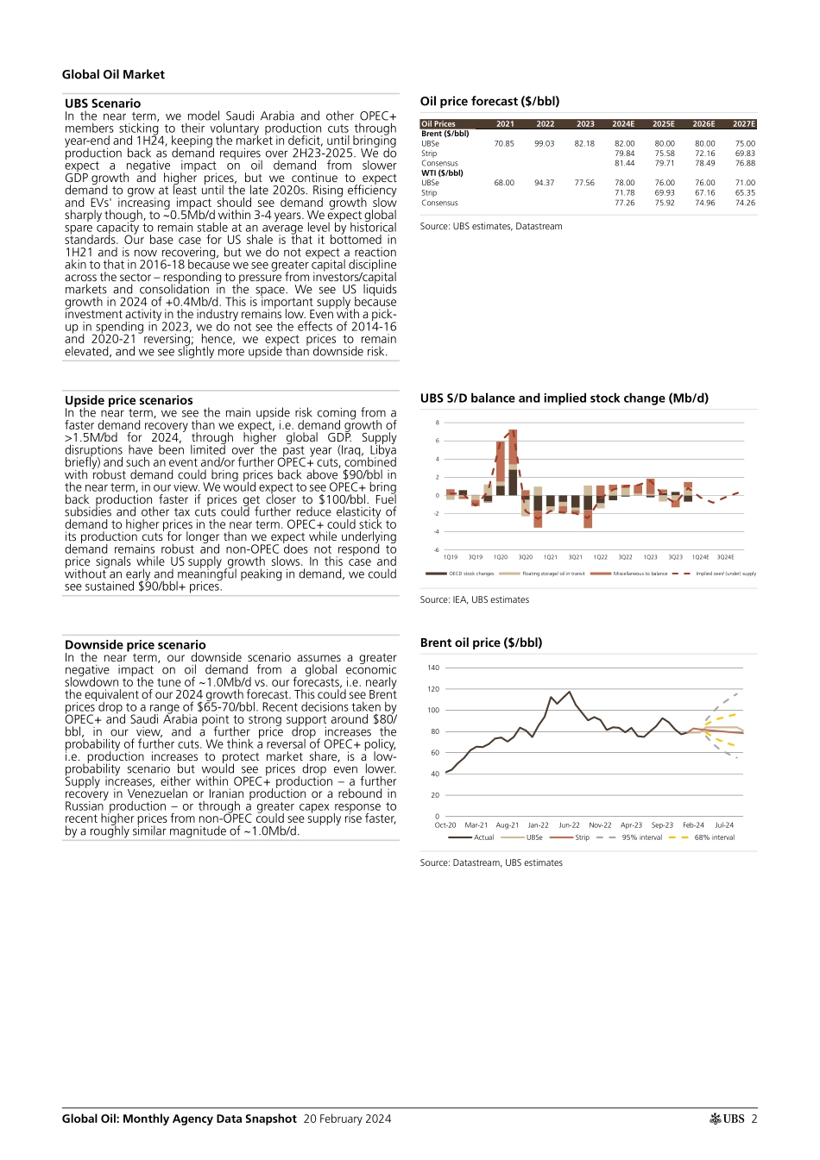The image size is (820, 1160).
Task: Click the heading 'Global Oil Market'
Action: (x=113, y=75)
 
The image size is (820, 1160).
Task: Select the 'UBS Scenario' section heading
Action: (x=103, y=103)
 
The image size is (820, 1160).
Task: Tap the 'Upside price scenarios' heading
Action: (x=129, y=400)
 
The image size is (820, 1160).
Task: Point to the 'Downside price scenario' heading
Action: (x=136, y=644)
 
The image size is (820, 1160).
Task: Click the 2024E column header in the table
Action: (x=623, y=124)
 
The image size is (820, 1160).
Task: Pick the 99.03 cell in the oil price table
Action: (x=544, y=144)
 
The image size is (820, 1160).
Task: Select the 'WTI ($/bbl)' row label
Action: (x=442, y=173)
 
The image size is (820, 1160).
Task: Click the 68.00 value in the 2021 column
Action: (x=504, y=183)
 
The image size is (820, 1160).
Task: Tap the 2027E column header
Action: (x=744, y=124)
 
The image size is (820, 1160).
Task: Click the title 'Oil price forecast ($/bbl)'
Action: (x=489, y=101)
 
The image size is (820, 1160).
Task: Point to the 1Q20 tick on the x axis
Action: (x=501, y=557)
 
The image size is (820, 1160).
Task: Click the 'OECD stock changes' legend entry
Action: (x=470, y=574)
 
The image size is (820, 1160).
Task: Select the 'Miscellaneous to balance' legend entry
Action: (x=640, y=574)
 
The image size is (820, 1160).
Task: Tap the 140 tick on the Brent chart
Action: (x=433, y=668)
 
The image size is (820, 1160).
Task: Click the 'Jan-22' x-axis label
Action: (x=539, y=825)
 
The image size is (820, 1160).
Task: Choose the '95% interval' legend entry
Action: (x=641, y=837)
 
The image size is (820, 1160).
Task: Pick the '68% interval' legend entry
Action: (x=714, y=837)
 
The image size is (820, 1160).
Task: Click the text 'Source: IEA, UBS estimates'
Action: (x=475, y=599)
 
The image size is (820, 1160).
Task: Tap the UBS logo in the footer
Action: (x=728, y=1119)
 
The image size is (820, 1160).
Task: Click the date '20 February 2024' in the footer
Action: (x=347, y=1119)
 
